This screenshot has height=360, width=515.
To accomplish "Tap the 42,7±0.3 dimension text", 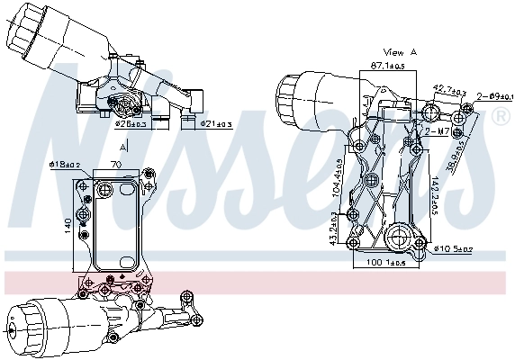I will (449, 90).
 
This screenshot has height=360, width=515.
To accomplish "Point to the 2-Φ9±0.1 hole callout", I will (494, 95).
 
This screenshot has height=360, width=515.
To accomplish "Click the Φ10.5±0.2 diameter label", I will (453, 248).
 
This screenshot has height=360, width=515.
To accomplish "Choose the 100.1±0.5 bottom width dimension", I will (386, 263).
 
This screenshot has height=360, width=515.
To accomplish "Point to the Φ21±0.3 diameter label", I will (215, 123).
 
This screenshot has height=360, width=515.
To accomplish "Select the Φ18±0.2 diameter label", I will (64, 165).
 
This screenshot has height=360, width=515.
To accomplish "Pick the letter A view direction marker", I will (123, 144).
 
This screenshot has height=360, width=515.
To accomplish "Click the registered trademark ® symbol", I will (500, 117).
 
